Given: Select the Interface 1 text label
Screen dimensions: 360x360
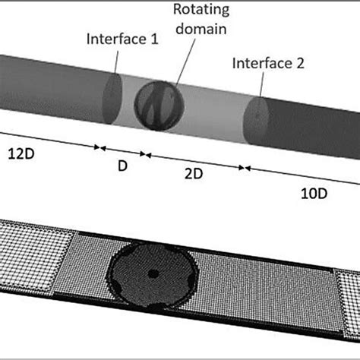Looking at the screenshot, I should coord(122,39).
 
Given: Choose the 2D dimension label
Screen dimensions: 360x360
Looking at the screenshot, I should coord(192,174).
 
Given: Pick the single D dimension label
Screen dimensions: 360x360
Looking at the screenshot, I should coord(122,164).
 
